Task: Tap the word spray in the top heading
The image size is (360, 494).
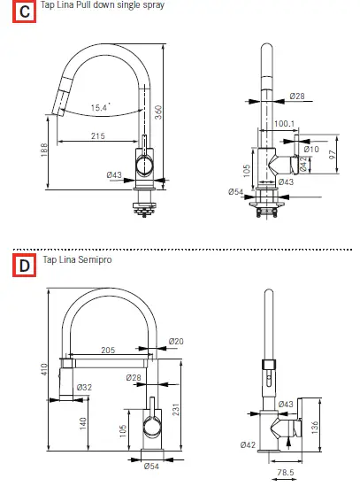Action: [152, 5]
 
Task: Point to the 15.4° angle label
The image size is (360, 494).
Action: [100, 107]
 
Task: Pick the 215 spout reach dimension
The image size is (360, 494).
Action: [97, 135]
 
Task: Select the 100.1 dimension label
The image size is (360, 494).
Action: [284, 125]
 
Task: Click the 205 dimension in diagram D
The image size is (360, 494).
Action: [108, 351]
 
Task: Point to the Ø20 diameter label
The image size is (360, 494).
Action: [176, 342]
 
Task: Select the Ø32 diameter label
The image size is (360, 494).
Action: [84, 387]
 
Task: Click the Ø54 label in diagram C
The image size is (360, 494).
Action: [235, 191]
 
